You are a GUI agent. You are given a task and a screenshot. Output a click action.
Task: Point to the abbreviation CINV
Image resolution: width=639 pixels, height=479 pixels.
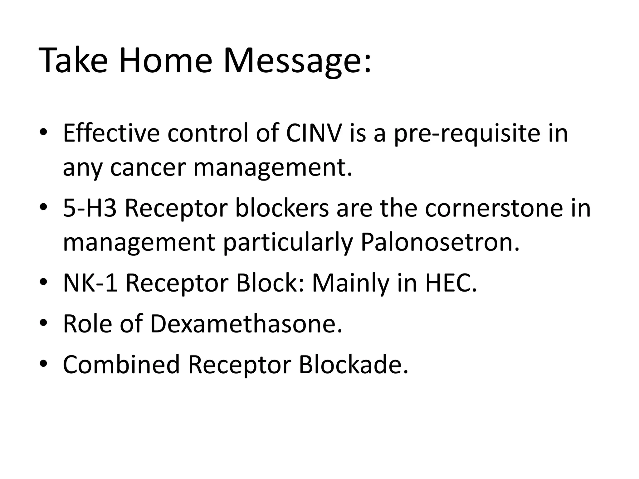314,133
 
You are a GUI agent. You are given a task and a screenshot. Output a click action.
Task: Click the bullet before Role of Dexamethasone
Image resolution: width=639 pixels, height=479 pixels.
43,323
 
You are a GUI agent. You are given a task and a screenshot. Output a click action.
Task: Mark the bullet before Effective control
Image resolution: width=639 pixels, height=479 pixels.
43,133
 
